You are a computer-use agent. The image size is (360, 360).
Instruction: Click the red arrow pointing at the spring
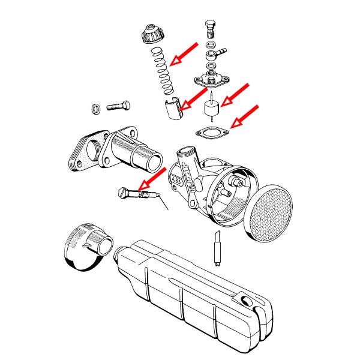[185, 53]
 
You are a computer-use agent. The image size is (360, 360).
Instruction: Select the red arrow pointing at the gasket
[245, 116]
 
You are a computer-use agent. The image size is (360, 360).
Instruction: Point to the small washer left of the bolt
[95, 109]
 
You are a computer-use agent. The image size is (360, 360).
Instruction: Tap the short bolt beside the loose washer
[119, 107]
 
